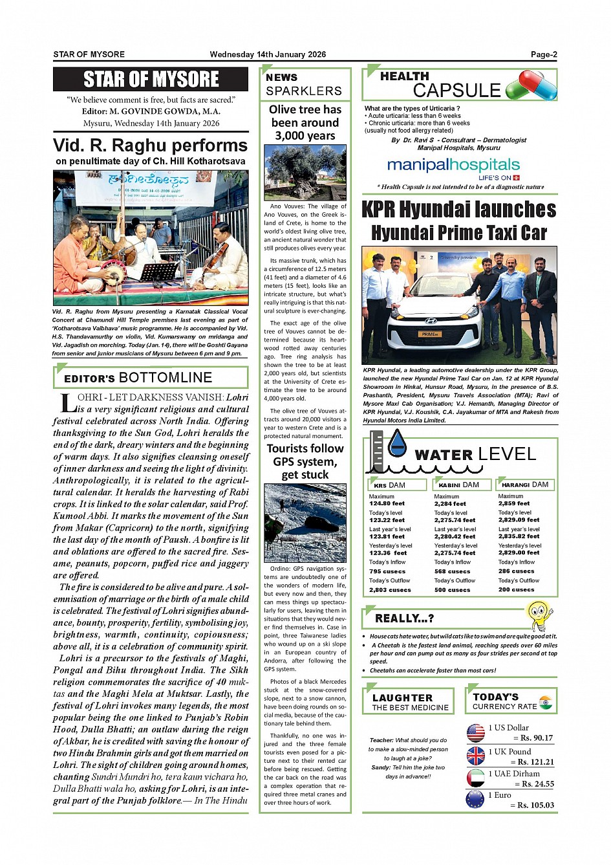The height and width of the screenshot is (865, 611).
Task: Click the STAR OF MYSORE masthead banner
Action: click(151, 80)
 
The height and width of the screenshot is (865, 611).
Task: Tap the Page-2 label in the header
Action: click(544, 54)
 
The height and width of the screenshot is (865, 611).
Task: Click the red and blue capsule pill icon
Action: click(531, 85)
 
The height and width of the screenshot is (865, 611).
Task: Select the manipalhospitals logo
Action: click(453, 166)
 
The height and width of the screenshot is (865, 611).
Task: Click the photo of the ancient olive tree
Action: click(305, 172)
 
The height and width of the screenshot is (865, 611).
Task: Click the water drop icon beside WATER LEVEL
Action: click(397, 443)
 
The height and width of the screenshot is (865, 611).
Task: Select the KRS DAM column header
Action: click(397, 485)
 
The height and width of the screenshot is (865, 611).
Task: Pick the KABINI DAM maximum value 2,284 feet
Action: click(450, 503)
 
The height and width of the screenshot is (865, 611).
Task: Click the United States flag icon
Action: click(475, 732)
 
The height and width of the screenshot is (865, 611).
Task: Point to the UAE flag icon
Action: click(475, 778)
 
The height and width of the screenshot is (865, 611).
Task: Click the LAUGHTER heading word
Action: click(403, 697)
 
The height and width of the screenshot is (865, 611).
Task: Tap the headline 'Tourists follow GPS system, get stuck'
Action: click(305, 461)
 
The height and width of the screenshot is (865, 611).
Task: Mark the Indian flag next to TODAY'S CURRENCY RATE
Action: click(545, 702)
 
